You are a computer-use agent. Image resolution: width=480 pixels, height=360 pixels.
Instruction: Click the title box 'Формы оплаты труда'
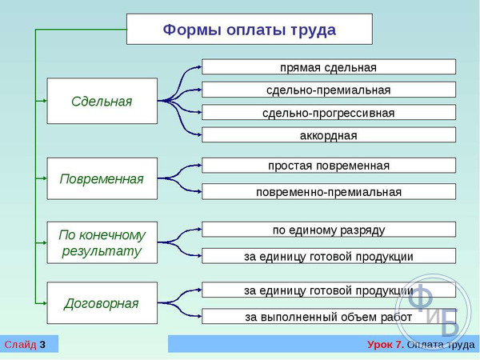pyautogui.click(x=250, y=29)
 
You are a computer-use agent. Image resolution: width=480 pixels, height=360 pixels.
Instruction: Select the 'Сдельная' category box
pyautogui.click(x=102, y=101)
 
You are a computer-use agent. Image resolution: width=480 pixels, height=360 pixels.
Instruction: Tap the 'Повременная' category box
pyautogui.click(x=102, y=178)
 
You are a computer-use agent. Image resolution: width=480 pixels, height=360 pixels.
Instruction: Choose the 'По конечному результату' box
pyautogui.click(x=102, y=242)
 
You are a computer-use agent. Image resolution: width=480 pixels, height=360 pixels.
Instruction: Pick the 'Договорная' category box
pyautogui.click(x=102, y=303)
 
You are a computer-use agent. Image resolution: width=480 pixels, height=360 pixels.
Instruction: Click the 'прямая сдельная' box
pyautogui.click(x=329, y=67)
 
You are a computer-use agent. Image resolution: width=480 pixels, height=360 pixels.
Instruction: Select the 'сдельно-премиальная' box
pyautogui.click(x=329, y=90)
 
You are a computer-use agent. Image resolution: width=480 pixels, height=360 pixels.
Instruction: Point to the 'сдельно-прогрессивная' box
pyautogui.click(x=329, y=112)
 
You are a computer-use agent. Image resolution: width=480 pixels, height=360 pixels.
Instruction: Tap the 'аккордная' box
pyautogui.click(x=329, y=135)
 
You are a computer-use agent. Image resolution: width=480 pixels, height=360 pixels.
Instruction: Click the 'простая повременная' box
pyautogui.click(x=329, y=166)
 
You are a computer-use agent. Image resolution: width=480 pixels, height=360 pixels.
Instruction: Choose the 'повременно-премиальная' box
pyautogui.click(x=329, y=192)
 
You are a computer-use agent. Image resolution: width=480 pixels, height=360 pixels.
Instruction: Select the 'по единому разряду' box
pyautogui.click(x=329, y=230)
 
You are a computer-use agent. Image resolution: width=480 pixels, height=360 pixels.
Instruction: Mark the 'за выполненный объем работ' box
pyautogui.click(x=329, y=316)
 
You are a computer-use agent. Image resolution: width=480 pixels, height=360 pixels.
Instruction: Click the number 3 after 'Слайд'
pyautogui.click(x=42, y=345)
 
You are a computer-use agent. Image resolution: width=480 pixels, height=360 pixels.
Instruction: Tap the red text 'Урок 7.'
pyautogui.click(x=386, y=345)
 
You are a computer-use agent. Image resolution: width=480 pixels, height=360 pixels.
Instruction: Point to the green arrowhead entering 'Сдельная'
pyautogui.click(x=45, y=101)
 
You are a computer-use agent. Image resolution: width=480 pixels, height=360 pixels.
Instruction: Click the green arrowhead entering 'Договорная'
pyautogui.click(x=45, y=303)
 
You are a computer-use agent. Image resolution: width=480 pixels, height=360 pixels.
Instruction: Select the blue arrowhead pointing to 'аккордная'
pyautogui.click(x=199, y=134)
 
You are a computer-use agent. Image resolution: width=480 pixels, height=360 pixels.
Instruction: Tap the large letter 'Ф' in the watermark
pyautogui.click(x=421, y=296)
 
